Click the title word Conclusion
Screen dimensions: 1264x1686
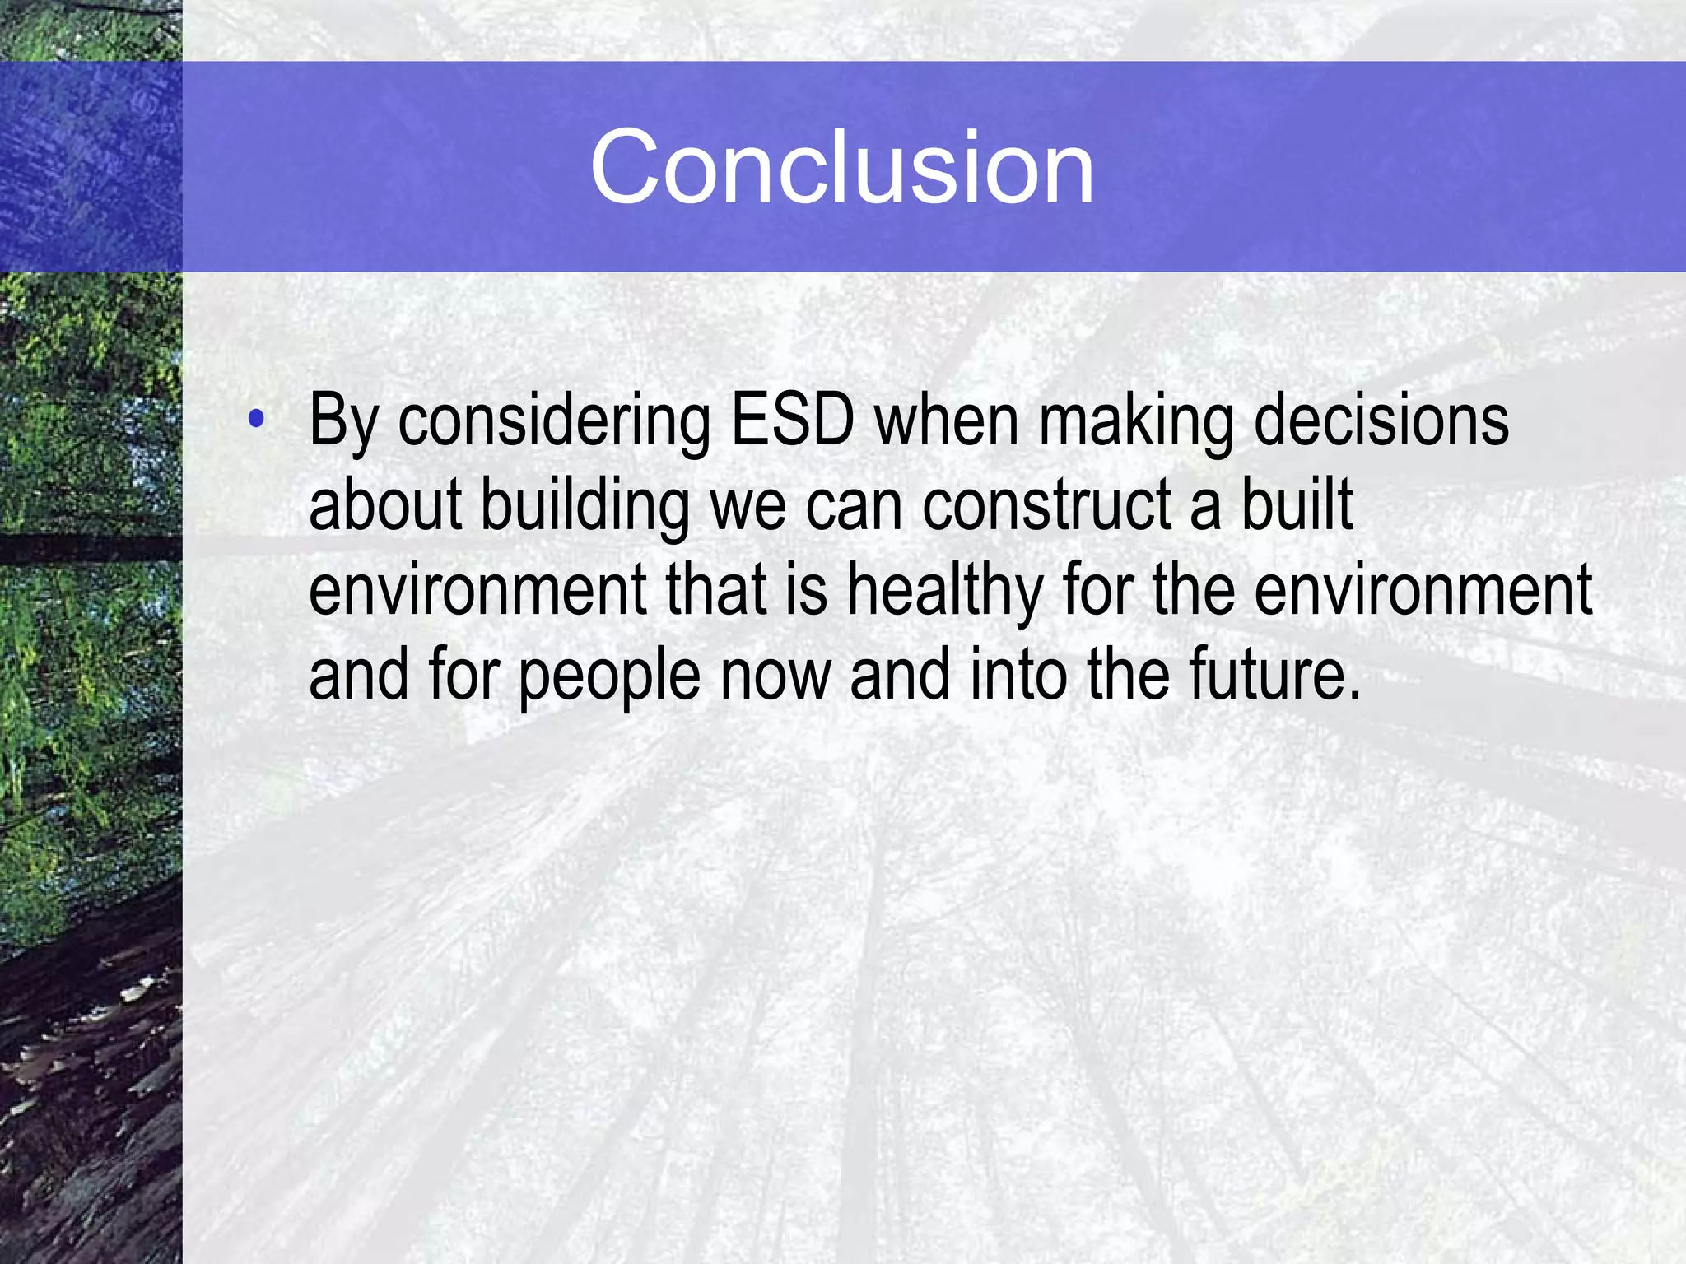click(x=841, y=169)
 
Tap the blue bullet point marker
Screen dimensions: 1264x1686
click(x=256, y=419)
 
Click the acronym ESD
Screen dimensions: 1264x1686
click(x=792, y=421)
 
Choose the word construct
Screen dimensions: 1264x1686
click(x=1046, y=506)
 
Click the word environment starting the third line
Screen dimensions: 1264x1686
click(x=477, y=591)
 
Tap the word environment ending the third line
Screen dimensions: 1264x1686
click(x=1423, y=591)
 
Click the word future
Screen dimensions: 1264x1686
click(x=1264, y=675)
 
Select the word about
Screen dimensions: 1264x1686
click(x=384, y=505)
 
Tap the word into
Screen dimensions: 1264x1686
click(x=1018, y=675)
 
